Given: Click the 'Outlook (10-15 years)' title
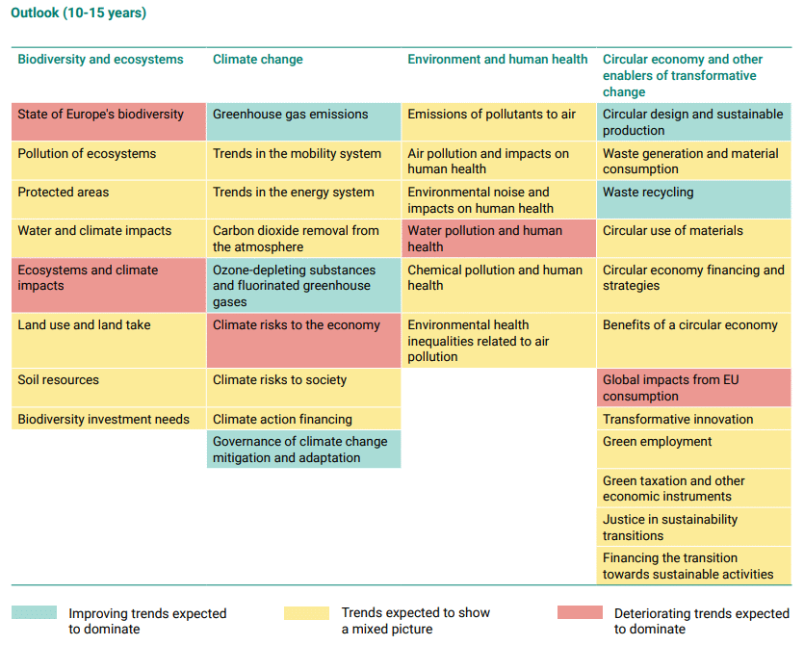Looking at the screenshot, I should point(79,13).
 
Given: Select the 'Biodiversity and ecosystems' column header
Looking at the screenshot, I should point(100,60).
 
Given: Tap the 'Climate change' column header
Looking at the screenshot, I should point(258,60).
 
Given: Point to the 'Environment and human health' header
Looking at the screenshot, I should point(497,60).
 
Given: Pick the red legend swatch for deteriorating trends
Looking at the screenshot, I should point(580,613).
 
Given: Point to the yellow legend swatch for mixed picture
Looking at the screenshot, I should point(306,613).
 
